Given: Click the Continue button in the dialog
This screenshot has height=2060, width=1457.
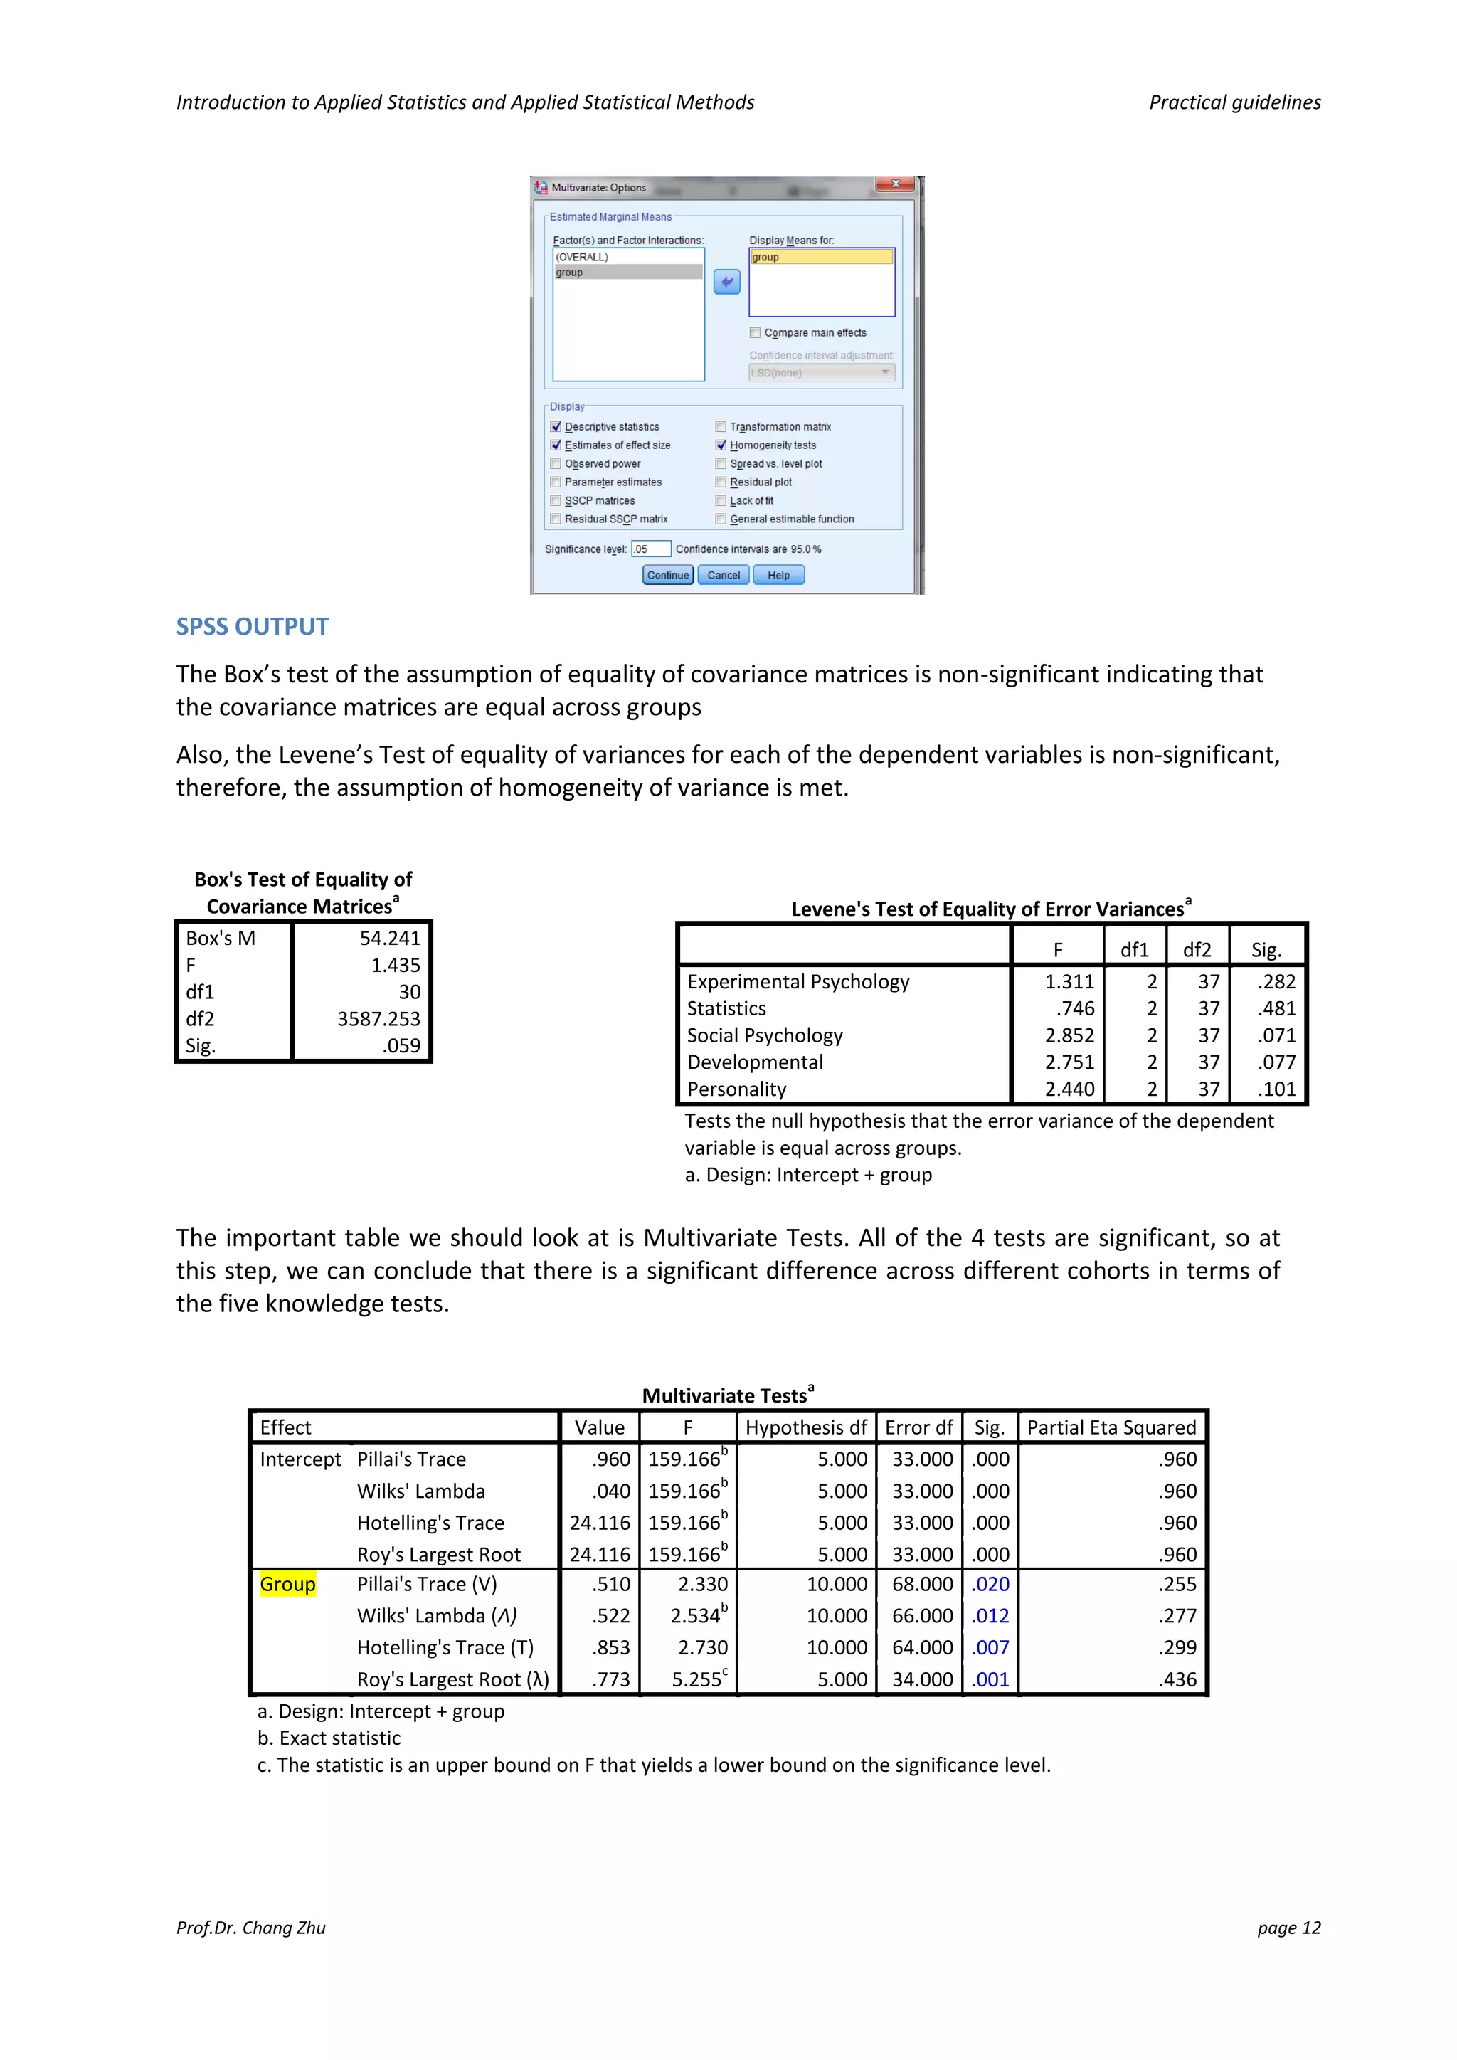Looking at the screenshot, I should click(x=667, y=575).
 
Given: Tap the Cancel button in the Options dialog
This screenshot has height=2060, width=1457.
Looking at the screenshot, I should click(x=723, y=575).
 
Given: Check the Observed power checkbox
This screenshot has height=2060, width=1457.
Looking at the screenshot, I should click(x=556, y=464).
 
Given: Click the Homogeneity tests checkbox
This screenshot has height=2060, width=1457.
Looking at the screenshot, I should click(x=721, y=445).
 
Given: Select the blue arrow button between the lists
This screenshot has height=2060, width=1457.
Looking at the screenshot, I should click(x=726, y=282).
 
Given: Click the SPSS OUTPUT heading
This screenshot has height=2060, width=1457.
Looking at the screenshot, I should click(x=252, y=626).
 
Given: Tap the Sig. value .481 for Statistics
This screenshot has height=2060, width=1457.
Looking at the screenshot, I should click(x=1278, y=1008).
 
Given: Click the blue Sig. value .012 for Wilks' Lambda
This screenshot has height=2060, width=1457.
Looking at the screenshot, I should click(x=990, y=1615).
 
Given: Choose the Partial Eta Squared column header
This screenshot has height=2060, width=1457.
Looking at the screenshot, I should click(x=1111, y=1427).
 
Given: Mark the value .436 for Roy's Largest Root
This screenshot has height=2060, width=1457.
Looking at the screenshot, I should click(x=1178, y=1679).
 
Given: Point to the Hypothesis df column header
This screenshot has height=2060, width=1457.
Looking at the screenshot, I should click(x=805, y=1427).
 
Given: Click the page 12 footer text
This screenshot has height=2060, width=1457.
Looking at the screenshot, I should click(x=1288, y=1927).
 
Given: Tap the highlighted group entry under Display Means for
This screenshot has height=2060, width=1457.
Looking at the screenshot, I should click(x=821, y=258).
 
